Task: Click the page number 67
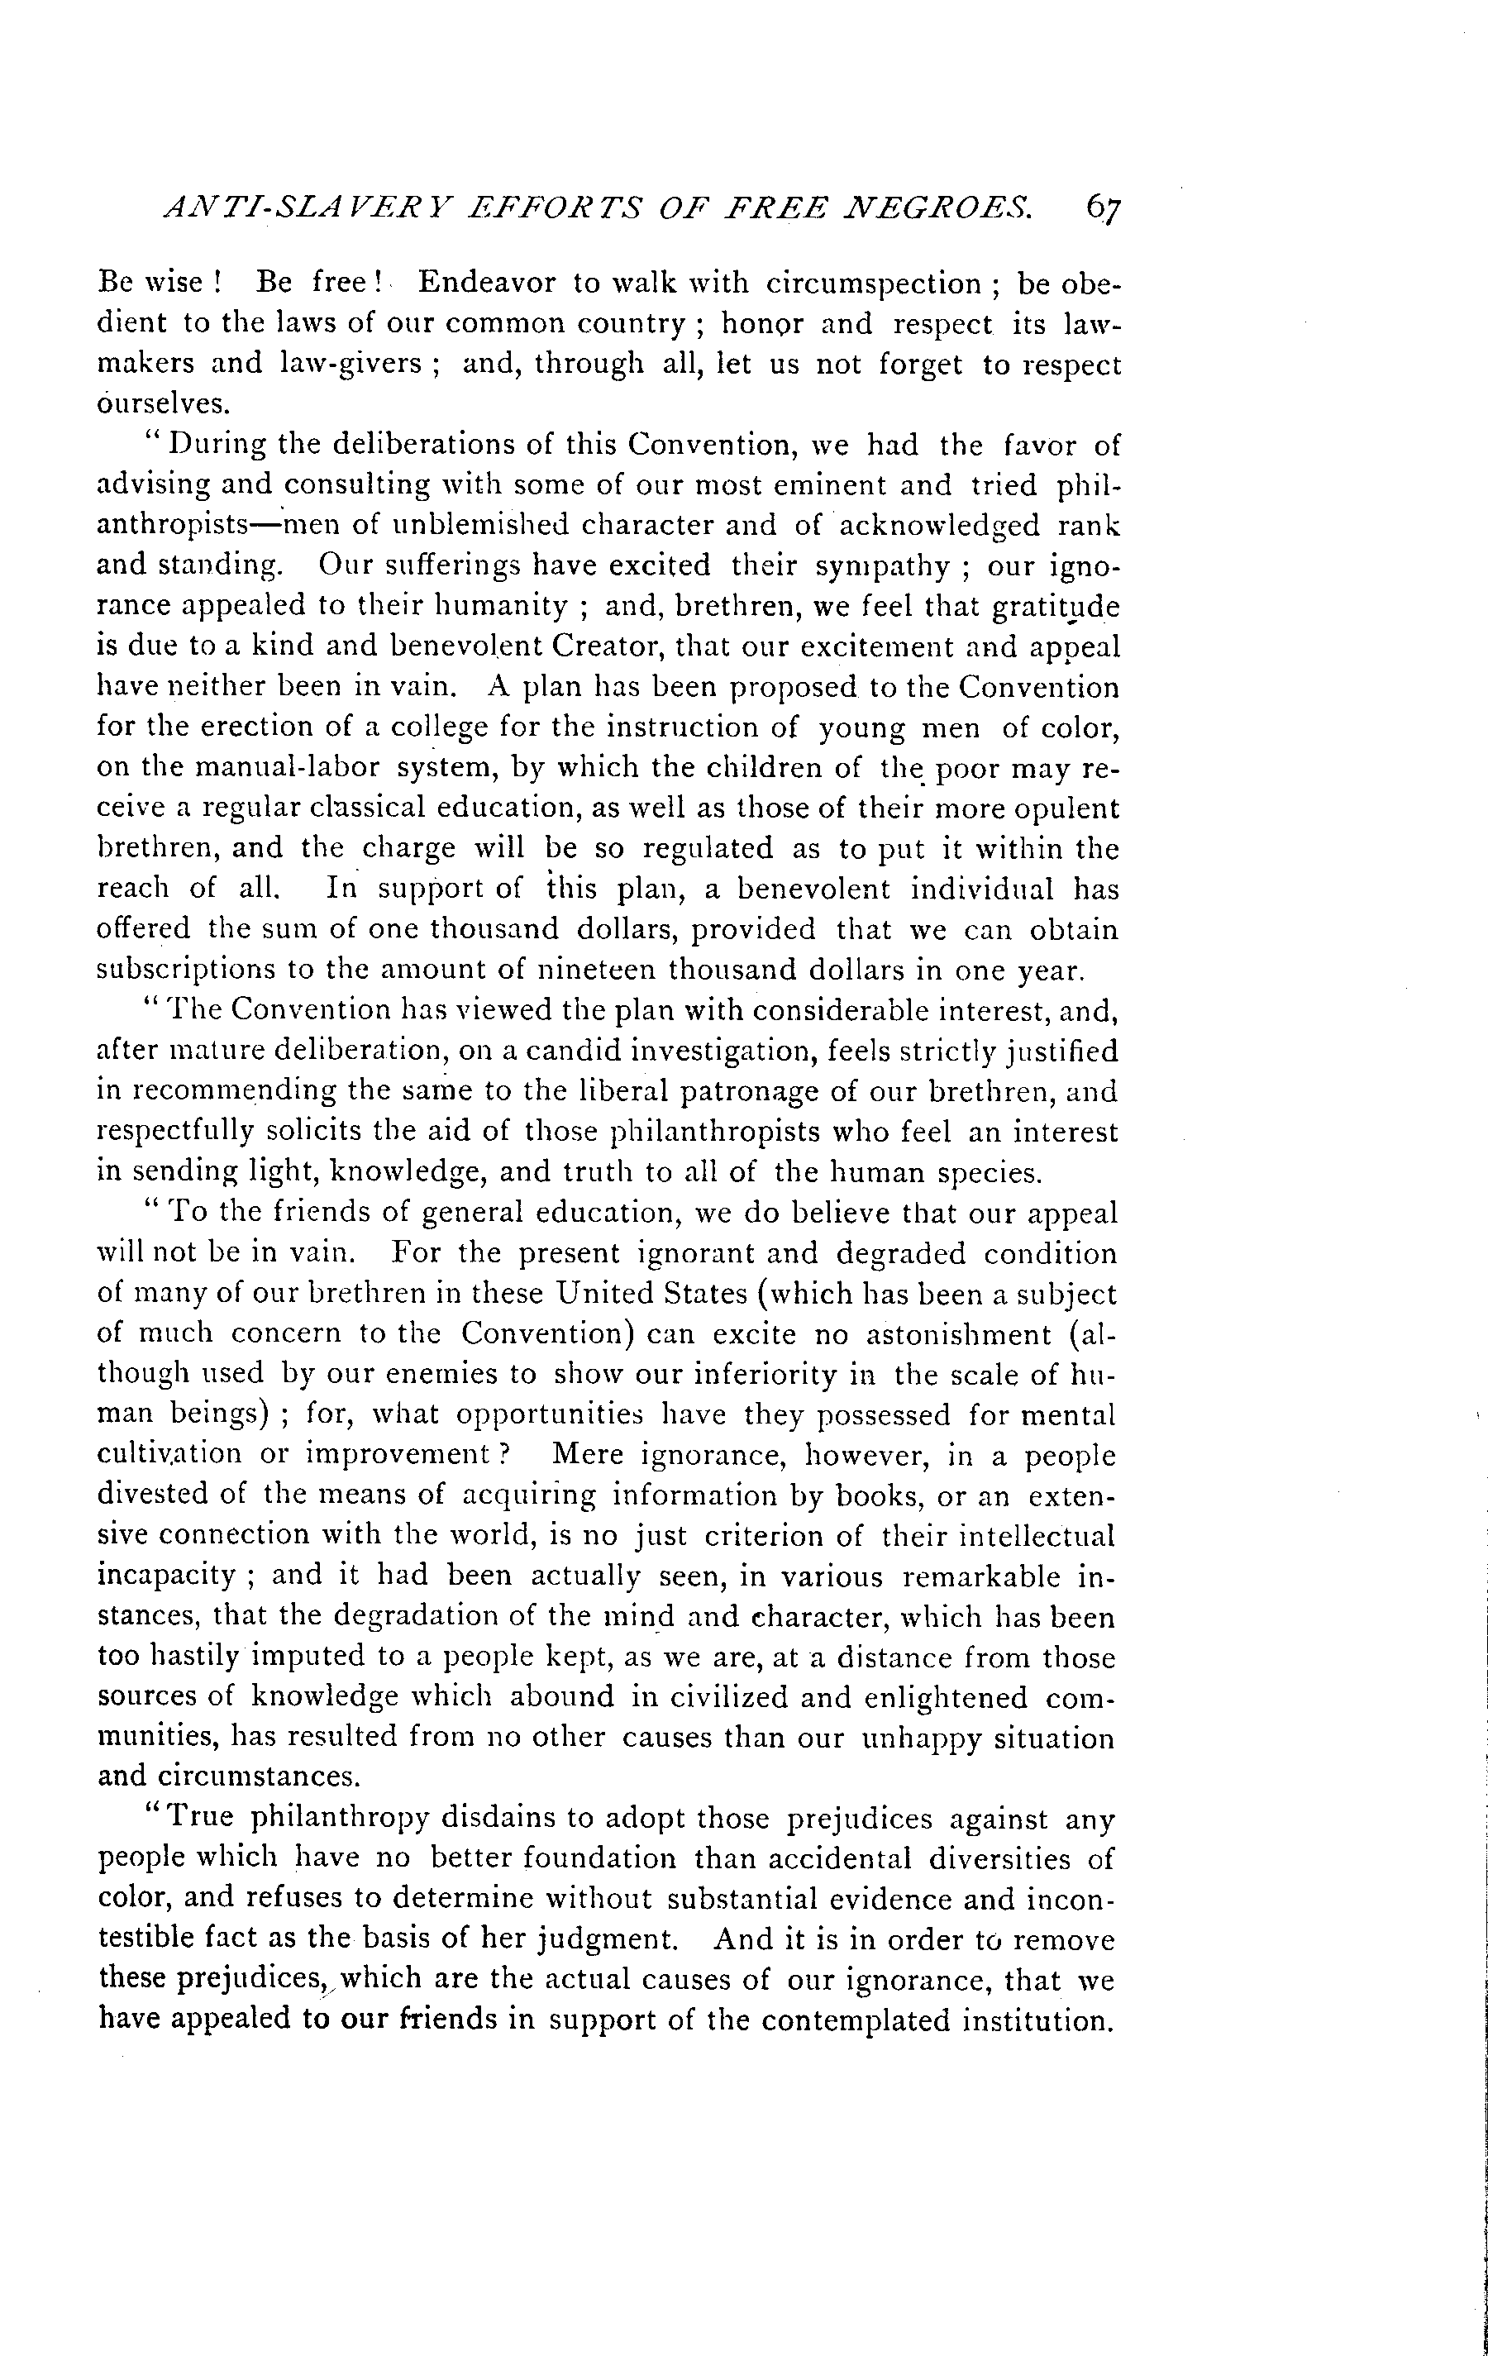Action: [x=1102, y=208]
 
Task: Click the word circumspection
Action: [x=874, y=284]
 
